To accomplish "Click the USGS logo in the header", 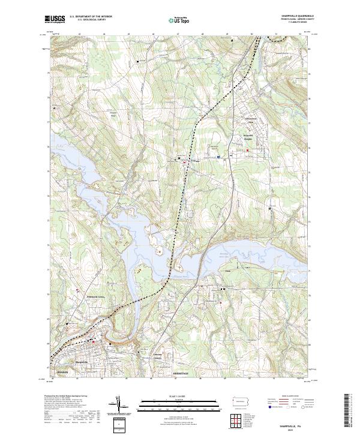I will (55, 19).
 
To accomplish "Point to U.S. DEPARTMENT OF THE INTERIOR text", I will (91, 17).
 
